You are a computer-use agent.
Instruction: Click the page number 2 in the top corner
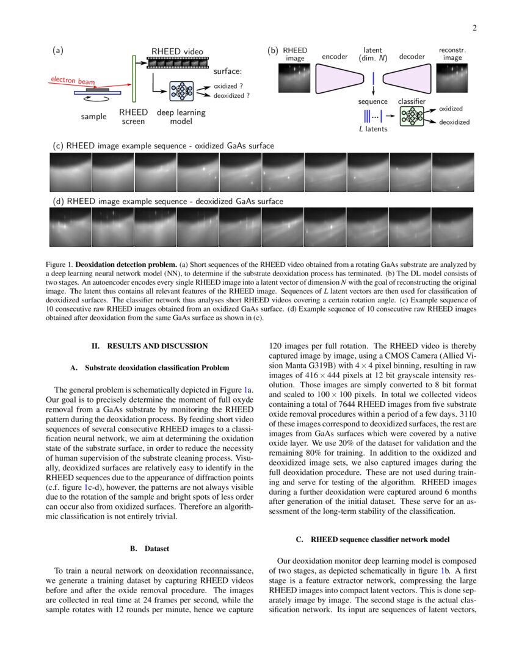(474, 27)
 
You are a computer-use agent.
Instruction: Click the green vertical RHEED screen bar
(133, 79)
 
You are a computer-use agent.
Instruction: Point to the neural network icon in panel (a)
(181, 91)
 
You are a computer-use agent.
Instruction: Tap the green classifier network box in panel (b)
(412, 115)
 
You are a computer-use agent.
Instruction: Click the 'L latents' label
(372, 129)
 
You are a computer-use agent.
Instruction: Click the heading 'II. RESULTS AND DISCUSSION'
(150, 346)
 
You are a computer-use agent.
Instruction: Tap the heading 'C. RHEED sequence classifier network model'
(372, 539)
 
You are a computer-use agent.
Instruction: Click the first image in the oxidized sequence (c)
(70, 172)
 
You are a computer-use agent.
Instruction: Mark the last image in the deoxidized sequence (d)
(452, 227)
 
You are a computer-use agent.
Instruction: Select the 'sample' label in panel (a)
(94, 117)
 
